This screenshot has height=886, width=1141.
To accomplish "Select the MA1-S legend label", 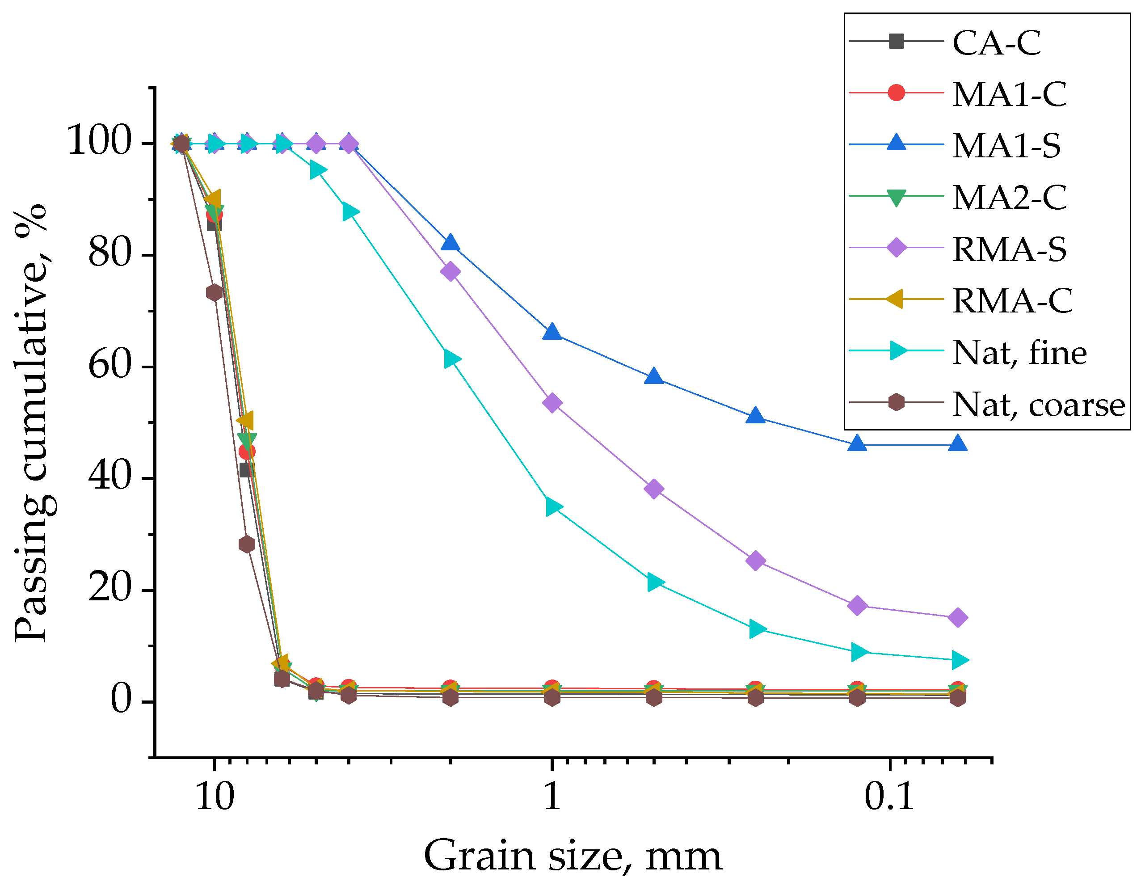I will coord(1006,146).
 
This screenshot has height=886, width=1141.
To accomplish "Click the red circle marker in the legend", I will coord(896,93).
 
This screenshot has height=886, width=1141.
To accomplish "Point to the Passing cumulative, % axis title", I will coord(31,423).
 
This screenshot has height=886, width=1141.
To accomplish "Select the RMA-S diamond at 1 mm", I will coord(552,403).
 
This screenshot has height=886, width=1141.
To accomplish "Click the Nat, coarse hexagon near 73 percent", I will coord(214,292).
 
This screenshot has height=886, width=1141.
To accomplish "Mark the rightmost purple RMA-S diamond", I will coord(958,617).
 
